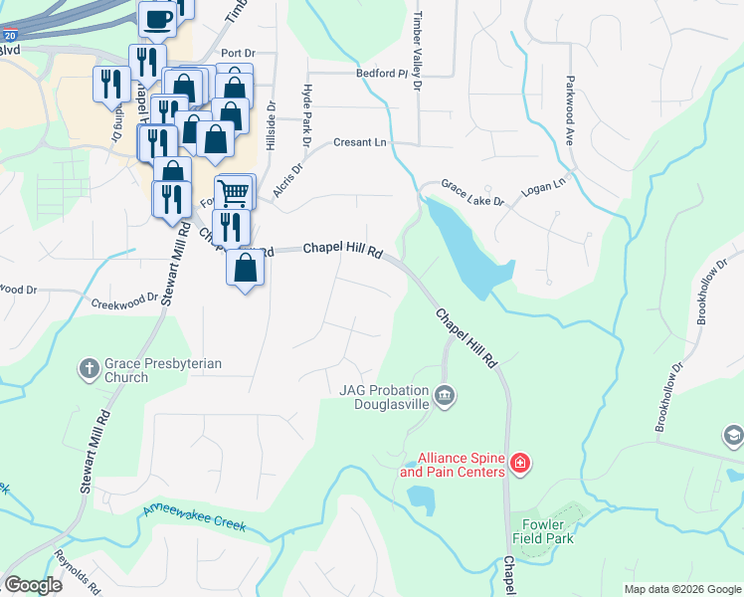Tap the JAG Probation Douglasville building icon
[x=445, y=397]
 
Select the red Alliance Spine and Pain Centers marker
[x=518, y=464]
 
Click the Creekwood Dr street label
[x=124, y=298]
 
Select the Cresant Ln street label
[x=359, y=142]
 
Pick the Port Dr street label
[x=239, y=53]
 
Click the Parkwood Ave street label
[x=571, y=109]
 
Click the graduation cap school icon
[x=733, y=436]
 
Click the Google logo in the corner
[x=33, y=585]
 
